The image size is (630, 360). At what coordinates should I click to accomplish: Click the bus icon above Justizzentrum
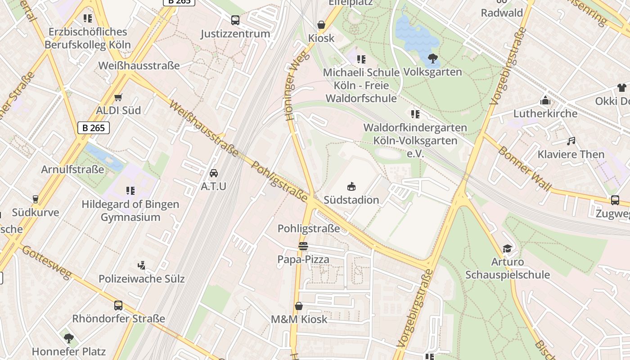click(235, 20)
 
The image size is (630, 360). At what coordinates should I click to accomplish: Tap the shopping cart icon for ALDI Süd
click(118, 97)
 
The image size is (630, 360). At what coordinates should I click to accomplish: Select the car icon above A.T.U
click(214, 173)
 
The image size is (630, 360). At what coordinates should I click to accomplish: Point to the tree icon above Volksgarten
click(432, 58)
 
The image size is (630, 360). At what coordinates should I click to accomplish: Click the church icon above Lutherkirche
click(545, 100)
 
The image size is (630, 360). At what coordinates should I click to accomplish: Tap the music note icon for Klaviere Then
click(571, 141)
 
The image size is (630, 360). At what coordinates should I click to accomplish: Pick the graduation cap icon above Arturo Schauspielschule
click(507, 248)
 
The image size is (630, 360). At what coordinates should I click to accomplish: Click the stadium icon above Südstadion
click(351, 186)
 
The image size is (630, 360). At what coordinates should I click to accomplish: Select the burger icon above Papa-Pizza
click(303, 246)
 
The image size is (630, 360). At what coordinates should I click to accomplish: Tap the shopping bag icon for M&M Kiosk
click(299, 306)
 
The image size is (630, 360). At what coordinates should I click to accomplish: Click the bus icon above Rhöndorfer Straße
click(118, 306)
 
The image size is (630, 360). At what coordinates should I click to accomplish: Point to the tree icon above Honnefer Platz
click(68, 338)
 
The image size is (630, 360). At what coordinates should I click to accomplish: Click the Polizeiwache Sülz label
click(141, 279)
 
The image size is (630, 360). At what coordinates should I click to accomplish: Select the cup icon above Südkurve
click(36, 199)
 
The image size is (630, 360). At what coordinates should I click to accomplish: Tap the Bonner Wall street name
click(524, 168)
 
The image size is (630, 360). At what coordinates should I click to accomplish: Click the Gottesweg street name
click(46, 262)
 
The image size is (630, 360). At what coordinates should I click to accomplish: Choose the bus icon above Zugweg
click(615, 200)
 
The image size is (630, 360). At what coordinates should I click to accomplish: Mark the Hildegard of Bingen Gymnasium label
click(130, 210)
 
